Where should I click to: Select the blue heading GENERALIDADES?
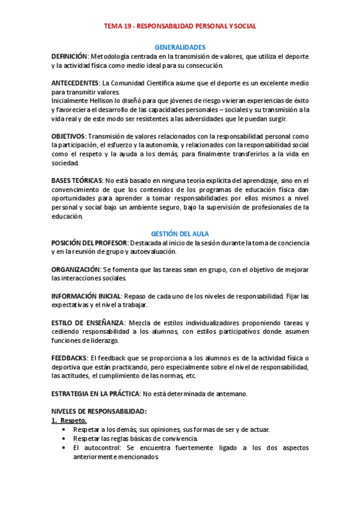pyautogui.click(x=180, y=47)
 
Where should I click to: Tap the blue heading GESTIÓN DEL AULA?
pyautogui.click(x=180, y=233)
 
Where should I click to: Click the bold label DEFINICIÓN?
pyautogui.click(x=70, y=56)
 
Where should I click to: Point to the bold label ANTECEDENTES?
pyautogui.click(x=75, y=83)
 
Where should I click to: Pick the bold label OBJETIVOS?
pyautogui.click(x=68, y=136)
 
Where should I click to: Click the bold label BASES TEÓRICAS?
pyautogui.click(x=76, y=180)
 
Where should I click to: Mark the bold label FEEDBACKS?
pyautogui.click(x=69, y=358)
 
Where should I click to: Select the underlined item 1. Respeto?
pyautogui.click(x=69, y=420)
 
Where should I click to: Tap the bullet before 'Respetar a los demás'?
pyautogui.click(x=64, y=430)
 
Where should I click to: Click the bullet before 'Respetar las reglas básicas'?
pyautogui.click(x=64, y=438)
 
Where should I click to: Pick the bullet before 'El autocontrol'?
pyautogui.click(x=64, y=448)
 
